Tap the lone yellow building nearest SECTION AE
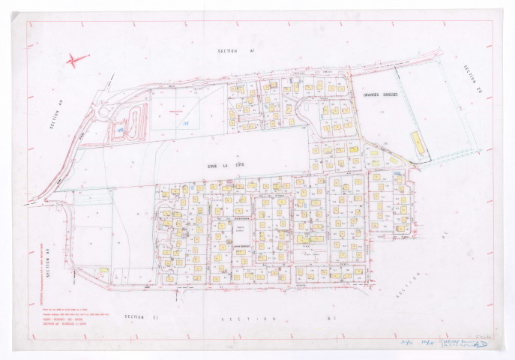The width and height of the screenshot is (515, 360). (103, 269)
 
